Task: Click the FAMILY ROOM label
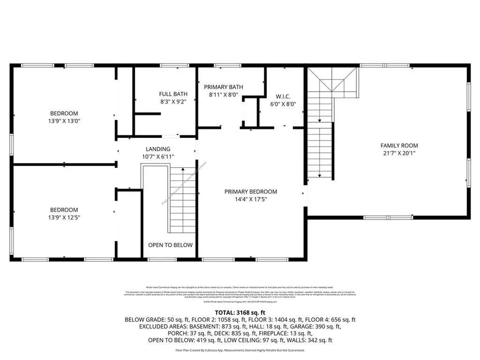399,145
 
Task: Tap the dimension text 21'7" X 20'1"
399,153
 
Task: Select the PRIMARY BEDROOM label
250,191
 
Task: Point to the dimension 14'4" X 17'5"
250,199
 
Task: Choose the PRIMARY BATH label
223,87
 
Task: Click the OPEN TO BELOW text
170,245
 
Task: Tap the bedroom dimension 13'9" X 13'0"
64,121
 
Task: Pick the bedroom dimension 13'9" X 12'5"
64,217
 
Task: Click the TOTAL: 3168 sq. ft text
240,312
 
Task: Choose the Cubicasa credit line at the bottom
240,350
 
